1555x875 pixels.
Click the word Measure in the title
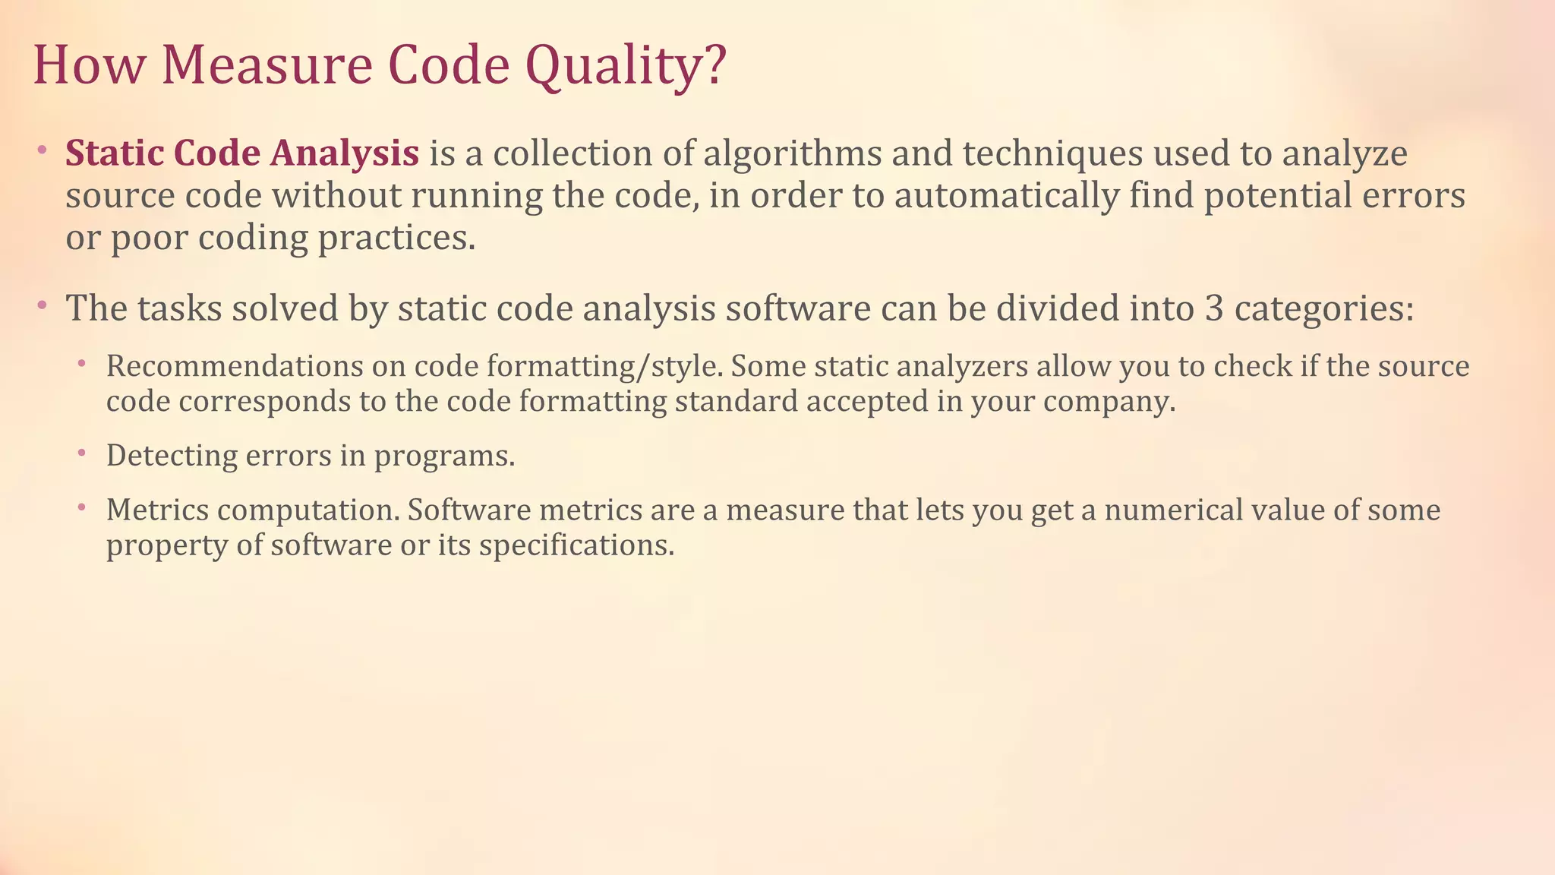[x=267, y=65]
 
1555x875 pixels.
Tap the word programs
[x=444, y=456]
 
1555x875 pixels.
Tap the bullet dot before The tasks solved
[x=42, y=306]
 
